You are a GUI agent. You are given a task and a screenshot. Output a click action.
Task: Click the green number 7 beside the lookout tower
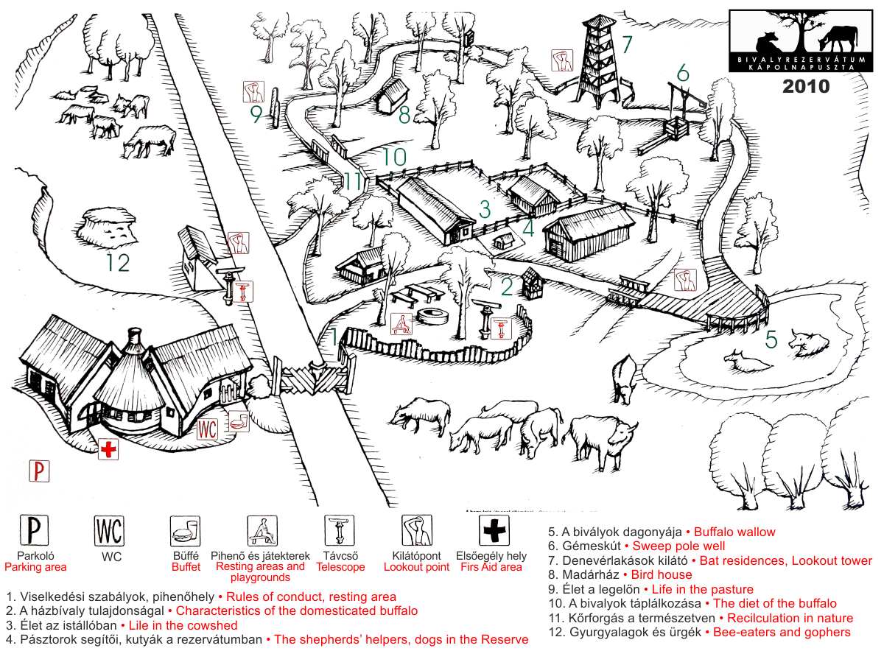coord(627,45)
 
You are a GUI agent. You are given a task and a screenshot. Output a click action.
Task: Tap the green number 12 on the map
coord(118,262)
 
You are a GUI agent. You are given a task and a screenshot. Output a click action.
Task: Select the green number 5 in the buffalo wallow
coord(771,339)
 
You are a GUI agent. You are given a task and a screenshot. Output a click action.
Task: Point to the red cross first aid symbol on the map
coord(108,449)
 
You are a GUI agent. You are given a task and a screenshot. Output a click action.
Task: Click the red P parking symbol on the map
coord(39,471)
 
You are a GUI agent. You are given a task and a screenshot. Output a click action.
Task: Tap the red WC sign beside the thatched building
coord(207,429)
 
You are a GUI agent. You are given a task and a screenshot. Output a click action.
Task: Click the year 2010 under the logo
coord(806,86)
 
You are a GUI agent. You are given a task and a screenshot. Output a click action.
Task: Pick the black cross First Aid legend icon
coord(494,530)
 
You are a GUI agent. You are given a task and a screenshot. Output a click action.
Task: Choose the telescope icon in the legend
coord(340,530)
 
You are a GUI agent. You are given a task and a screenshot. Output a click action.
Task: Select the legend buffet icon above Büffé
coord(185,531)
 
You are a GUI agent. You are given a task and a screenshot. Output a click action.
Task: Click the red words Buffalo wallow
coord(734,532)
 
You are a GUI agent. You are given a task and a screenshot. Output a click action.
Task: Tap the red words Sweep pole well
coord(678,546)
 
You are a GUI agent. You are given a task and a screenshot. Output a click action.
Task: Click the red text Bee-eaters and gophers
coord(782,632)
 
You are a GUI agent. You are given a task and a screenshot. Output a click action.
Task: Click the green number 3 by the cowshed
coord(485,209)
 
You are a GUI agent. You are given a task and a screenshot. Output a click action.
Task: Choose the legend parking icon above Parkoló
coord(35,530)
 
